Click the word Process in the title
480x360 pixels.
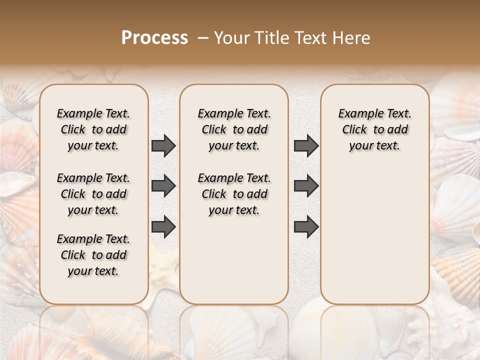coord(154,38)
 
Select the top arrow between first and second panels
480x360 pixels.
coord(163,146)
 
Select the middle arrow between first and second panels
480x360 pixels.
coord(163,186)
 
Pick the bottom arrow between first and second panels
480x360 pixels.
coord(163,227)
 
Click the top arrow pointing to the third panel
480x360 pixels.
coord(306,146)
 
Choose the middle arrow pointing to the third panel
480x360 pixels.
coord(306,186)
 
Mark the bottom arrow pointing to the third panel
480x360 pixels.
coord(306,227)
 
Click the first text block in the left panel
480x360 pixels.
coord(93,129)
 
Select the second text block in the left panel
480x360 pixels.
coord(93,194)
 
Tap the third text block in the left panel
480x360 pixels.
coord(93,255)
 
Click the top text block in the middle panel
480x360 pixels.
coord(234,129)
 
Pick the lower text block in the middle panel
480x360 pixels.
coord(234,194)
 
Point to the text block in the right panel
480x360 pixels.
coord(374,129)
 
